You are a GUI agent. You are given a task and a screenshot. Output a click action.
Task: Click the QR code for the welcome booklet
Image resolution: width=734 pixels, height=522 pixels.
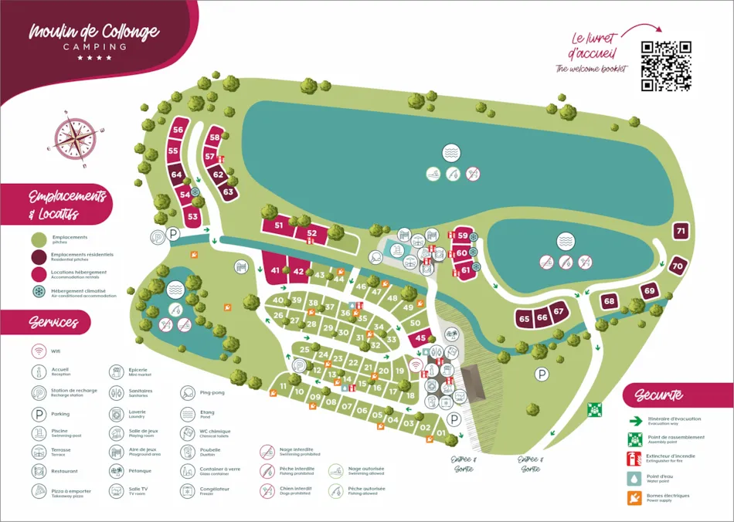pyautogui.click(x=665, y=66)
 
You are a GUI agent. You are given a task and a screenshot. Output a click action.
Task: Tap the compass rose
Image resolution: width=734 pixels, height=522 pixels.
pyautogui.click(x=75, y=139)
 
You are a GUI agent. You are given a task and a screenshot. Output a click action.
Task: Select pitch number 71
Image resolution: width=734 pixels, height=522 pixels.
pyautogui.click(x=680, y=231)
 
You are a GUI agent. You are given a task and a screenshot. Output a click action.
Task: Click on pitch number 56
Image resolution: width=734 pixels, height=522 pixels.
pyautogui.click(x=178, y=130)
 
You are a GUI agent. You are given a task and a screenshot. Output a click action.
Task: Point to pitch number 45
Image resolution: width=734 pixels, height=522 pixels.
pyautogui.click(x=420, y=337)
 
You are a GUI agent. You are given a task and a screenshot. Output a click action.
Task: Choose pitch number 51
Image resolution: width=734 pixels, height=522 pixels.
pyautogui.click(x=279, y=225)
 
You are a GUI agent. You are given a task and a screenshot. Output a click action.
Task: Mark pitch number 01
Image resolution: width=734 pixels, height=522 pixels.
pyautogui.click(x=441, y=433)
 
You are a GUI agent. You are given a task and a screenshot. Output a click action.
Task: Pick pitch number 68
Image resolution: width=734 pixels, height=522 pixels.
pyautogui.click(x=610, y=301)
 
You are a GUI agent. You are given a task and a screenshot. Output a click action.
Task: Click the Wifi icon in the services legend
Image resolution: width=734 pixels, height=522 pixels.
pyautogui.click(x=39, y=351)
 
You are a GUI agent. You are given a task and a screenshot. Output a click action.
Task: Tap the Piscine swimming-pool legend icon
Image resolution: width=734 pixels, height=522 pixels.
pyautogui.click(x=39, y=434)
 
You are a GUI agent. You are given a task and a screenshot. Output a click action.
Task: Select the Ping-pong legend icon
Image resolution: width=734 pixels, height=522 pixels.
pyautogui.click(x=188, y=393)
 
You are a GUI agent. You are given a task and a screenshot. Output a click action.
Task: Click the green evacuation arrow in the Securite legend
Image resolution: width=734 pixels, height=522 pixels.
pyautogui.click(x=635, y=421)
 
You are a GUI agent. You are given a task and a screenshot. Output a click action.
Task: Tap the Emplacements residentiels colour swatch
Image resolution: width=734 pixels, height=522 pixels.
pyautogui.click(x=39, y=256)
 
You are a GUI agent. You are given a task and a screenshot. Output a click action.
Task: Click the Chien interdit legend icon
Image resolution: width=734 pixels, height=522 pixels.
pyautogui.click(x=267, y=491)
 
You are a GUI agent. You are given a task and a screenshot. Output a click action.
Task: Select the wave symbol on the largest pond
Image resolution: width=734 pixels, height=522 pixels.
pyautogui.click(x=451, y=153)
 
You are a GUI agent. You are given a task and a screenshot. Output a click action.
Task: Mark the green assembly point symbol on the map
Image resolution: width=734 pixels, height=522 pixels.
pyautogui.click(x=594, y=409)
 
